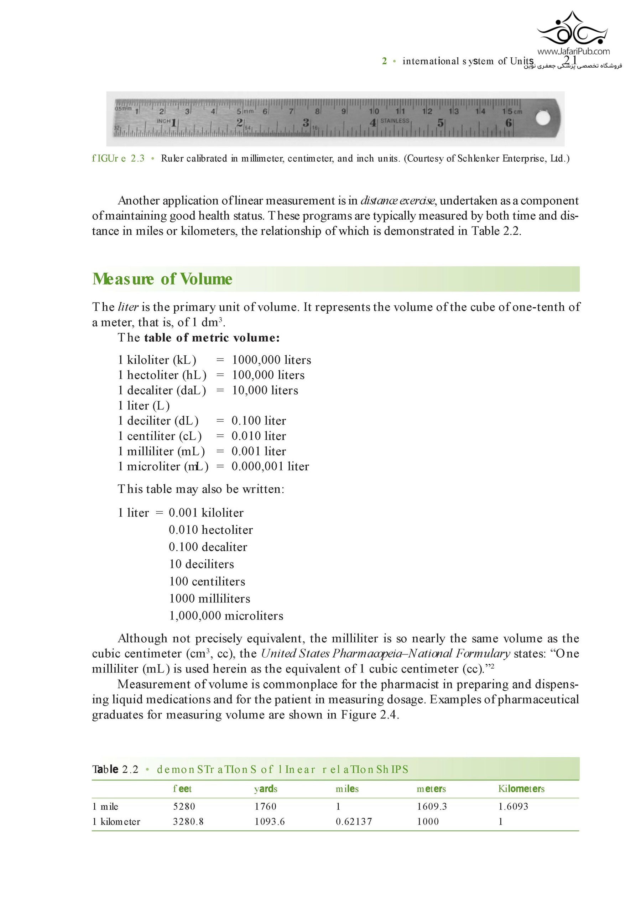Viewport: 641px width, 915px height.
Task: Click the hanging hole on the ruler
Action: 543,118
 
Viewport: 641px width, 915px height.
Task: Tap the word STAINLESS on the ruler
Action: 395,121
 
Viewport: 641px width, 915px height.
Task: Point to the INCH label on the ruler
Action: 163,121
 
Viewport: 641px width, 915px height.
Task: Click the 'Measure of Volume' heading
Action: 162,279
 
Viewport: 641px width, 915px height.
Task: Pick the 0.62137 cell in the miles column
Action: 354,821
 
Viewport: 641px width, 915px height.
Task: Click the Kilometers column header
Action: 521,789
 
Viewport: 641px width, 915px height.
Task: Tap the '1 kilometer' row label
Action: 116,821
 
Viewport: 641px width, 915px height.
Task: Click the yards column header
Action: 266,789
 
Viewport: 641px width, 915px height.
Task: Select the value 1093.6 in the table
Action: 270,821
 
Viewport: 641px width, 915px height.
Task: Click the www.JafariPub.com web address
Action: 573,51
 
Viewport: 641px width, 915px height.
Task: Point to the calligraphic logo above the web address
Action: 572,29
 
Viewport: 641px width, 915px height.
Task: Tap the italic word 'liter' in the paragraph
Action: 128,307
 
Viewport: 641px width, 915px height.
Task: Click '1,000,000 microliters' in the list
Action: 226,616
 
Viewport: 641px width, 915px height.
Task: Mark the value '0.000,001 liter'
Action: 270,466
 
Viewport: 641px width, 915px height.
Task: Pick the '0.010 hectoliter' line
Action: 210,530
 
